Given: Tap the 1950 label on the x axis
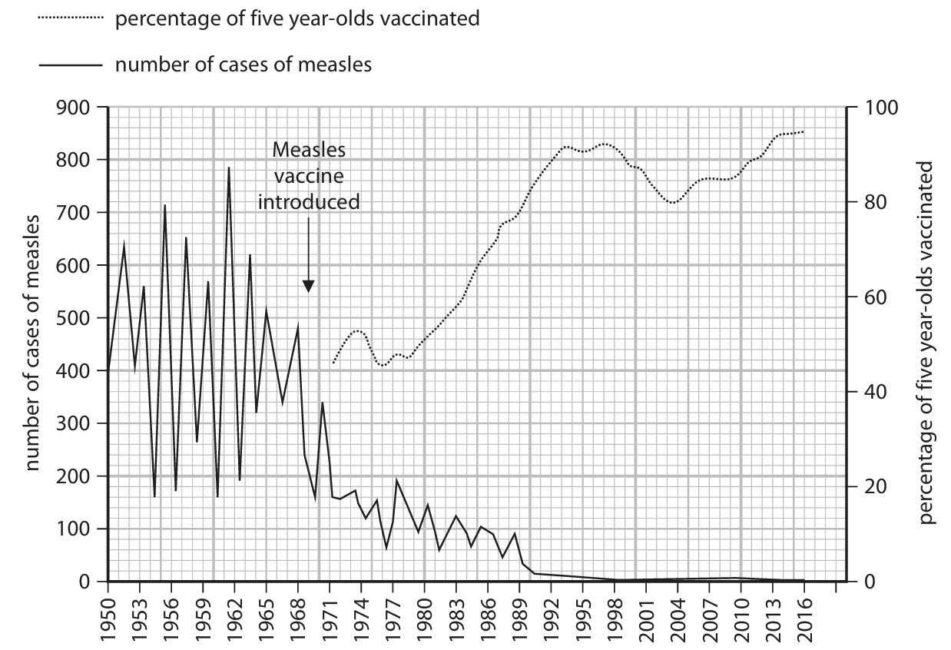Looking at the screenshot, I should pos(108,615).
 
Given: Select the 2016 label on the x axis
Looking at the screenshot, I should pos(804,615).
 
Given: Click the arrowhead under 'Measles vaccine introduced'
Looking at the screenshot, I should pos(308,286).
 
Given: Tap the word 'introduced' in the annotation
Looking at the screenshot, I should pos(308,202).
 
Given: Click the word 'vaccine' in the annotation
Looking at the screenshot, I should pos(308,176).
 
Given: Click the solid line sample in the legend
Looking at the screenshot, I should pos(69,65).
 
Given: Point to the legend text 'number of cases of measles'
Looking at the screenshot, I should pos(243,65).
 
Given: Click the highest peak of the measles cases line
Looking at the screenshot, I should pos(229,167).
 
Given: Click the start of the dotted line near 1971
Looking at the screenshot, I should pos(333,363).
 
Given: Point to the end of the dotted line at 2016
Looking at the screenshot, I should pos(804,131).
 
